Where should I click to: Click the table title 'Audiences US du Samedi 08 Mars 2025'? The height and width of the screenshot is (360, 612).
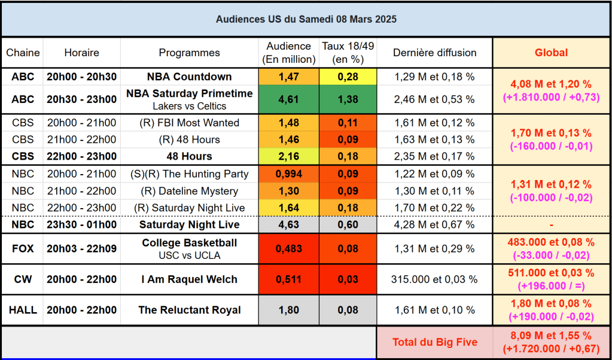(x=306, y=19)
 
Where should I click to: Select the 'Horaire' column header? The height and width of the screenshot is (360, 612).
(x=81, y=53)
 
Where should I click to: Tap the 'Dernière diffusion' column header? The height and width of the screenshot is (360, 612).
(x=434, y=53)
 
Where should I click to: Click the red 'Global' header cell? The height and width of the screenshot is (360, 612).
(x=551, y=53)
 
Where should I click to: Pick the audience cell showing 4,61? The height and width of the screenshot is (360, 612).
(x=288, y=99)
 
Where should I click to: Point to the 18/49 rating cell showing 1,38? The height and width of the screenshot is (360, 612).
(x=348, y=99)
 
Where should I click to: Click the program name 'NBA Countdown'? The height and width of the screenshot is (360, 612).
(x=189, y=77)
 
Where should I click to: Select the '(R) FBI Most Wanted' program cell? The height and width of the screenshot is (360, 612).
(x=189, y=123)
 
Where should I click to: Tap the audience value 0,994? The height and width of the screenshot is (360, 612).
(x=288, y=175)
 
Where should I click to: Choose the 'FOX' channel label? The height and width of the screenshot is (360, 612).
(x=23, y=249)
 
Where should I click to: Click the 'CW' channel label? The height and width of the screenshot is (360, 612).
(x=23, y=279)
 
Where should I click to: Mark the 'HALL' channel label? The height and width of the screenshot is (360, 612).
(x=23, y=310)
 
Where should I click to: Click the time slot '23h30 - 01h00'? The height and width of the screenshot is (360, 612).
(x=81, y=225)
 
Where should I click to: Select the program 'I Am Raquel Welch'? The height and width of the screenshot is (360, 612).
(x=189, y=279)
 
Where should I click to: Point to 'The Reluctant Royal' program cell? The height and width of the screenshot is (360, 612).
(x=189, y=310)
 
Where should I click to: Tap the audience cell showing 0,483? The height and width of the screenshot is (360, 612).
(x=288, y=249)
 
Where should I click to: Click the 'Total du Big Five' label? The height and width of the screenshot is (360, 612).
(x=434, y=342)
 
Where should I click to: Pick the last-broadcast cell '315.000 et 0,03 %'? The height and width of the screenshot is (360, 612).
(x=434, y=279)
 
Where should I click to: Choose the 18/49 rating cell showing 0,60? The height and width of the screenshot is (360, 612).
(x=348, y=225)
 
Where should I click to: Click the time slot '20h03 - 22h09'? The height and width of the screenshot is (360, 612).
(x=81, y=249)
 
